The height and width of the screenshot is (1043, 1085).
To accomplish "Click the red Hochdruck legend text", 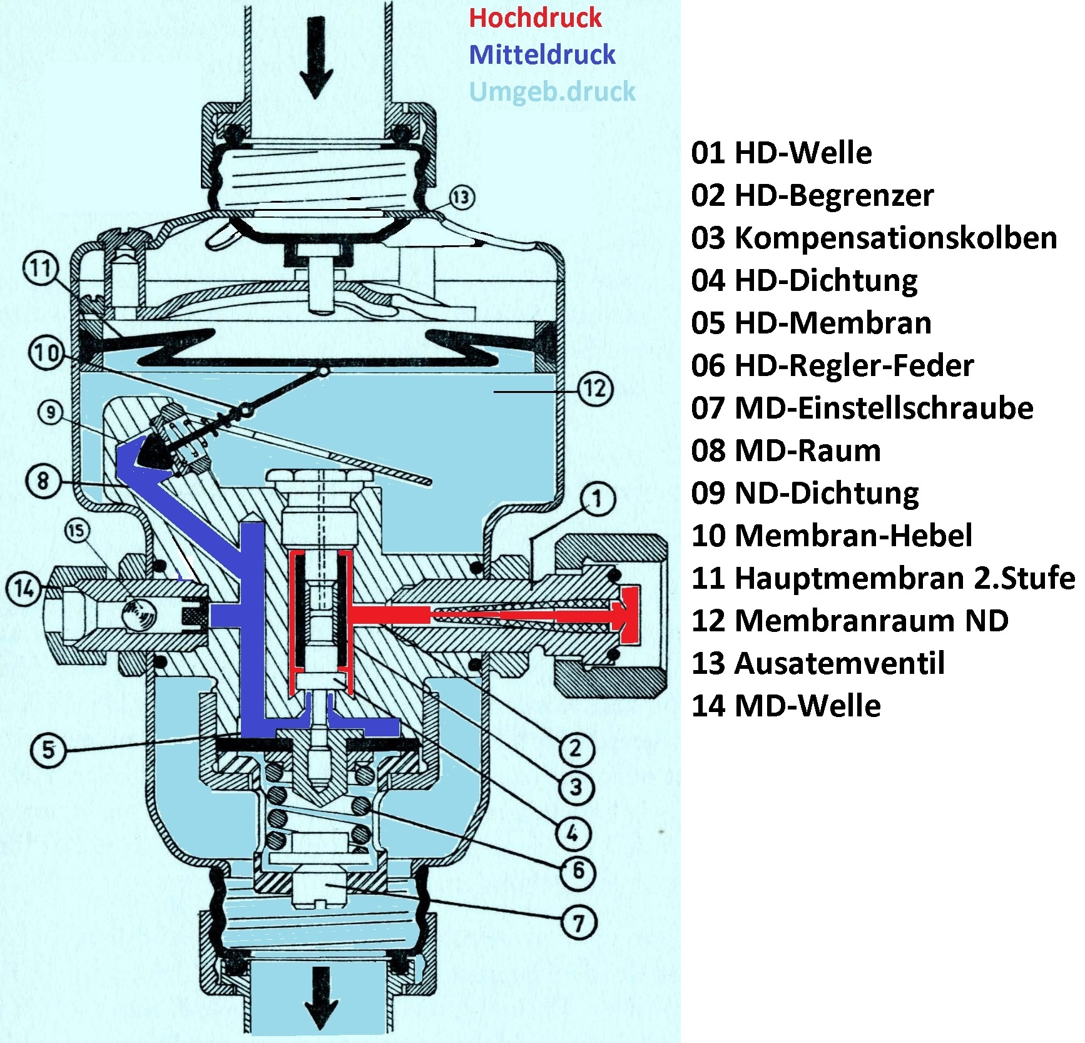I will pos(535,18).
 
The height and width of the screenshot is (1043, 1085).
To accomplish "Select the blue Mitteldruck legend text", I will pos(542,55).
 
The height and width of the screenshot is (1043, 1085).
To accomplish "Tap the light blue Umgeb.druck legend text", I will pos(552,92).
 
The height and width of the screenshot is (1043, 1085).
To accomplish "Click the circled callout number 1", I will pos(598,499).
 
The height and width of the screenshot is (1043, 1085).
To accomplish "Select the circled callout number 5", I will pos(48,749).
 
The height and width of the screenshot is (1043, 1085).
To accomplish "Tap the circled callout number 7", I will pos(579,923).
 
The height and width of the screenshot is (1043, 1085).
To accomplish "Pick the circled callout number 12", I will pos(595,389).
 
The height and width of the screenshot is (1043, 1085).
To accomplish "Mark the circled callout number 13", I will pos(461,197).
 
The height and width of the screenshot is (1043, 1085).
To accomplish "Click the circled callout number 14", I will pos(23,589).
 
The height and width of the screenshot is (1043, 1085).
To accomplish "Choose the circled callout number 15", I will pos(77,531).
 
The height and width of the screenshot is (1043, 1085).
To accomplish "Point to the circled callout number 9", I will pos(50,412).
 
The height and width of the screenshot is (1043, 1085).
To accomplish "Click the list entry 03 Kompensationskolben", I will pos(874,238).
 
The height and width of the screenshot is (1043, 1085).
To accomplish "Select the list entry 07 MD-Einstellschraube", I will pos(862,408).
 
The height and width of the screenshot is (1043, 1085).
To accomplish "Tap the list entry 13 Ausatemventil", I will pos(817,663).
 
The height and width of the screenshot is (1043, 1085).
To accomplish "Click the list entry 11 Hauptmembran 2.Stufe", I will pos(882,578).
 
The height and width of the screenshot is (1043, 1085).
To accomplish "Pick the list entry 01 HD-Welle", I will pos(781,153).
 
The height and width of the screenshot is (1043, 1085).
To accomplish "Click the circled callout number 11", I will pos(41,268).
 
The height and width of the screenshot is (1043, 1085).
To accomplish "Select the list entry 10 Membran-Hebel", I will pos(831,536).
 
